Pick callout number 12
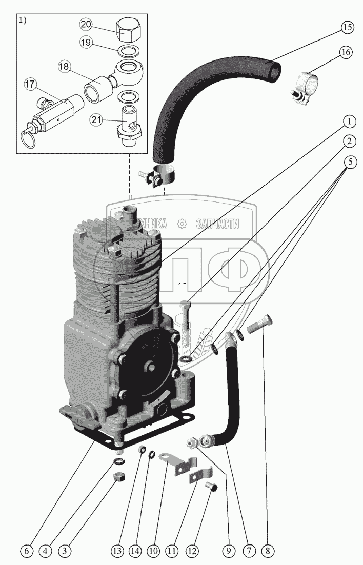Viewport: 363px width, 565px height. point(192,551)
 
